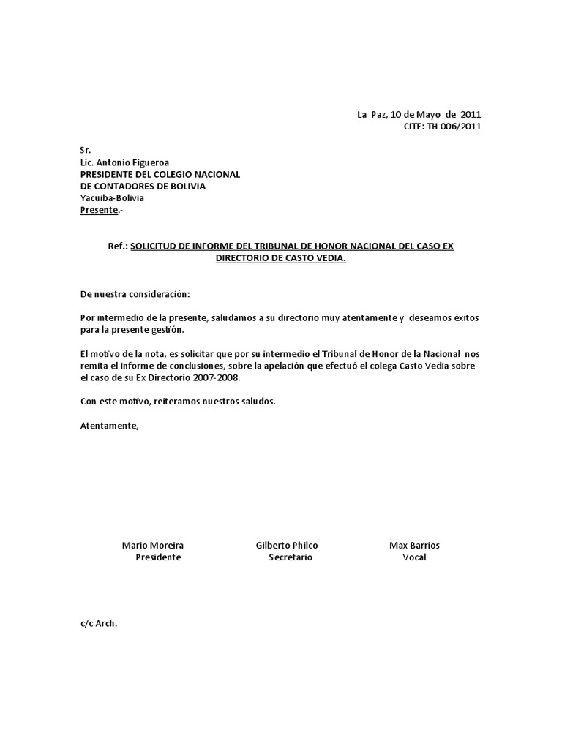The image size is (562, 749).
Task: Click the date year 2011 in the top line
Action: click(x=471, y=115)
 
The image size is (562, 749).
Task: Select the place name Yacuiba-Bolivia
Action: click(x=112, y=197)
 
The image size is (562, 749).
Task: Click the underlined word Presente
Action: click(x=99, y=211)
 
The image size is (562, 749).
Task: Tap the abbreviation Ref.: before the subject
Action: click(x=118, y=246)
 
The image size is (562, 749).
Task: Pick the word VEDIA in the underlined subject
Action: click(x=330, y=258)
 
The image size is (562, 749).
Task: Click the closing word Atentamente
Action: click(x=108, y=425)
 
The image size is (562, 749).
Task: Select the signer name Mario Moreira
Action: click(x=153, y=546)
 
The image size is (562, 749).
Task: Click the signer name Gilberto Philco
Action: click(x=287, y=546)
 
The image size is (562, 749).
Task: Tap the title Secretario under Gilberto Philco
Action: click(x=291, y=557)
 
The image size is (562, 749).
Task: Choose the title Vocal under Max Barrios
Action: click(x=414, y=557)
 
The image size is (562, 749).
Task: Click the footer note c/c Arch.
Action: click(x=99, y=624)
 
